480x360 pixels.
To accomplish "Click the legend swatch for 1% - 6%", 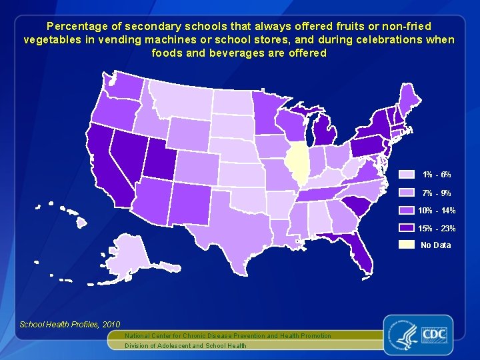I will click(407, 175).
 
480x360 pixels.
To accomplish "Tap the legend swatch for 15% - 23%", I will click(407, 228).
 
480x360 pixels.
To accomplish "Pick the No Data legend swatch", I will click(407, 245).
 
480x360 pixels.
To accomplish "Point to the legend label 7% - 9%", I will click(436, 193).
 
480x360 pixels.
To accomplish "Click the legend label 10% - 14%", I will click(437, 211).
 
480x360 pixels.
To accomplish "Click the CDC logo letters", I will click(433, 332).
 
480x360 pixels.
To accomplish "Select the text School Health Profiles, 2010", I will click(60, 324).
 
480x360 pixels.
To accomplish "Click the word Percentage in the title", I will click(71, 27).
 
